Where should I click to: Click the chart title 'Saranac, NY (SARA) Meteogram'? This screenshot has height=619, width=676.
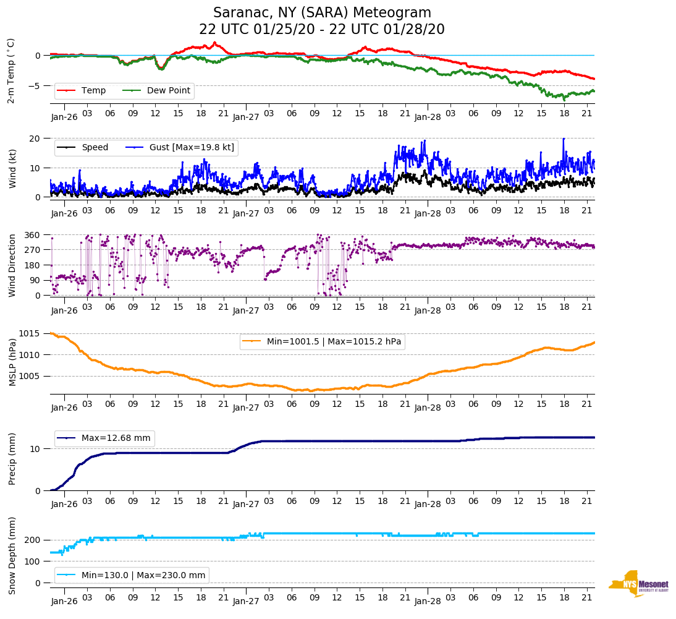coord(322,13)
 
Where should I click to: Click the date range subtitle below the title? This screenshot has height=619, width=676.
coord(322,30)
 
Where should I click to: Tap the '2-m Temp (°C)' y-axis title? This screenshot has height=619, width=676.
coord(11,70)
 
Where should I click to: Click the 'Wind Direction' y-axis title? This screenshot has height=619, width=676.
coord(12,265)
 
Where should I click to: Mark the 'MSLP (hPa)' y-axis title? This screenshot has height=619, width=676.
coord(12,363)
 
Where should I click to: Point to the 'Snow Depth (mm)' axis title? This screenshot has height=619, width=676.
coord(12,555)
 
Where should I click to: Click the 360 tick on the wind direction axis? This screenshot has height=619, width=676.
coord(33,235)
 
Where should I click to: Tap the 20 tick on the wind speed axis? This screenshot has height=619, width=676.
coord(36,139)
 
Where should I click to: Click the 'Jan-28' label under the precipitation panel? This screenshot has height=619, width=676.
coord(428,504)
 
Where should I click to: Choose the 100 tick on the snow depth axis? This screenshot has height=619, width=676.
coord(33,561)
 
